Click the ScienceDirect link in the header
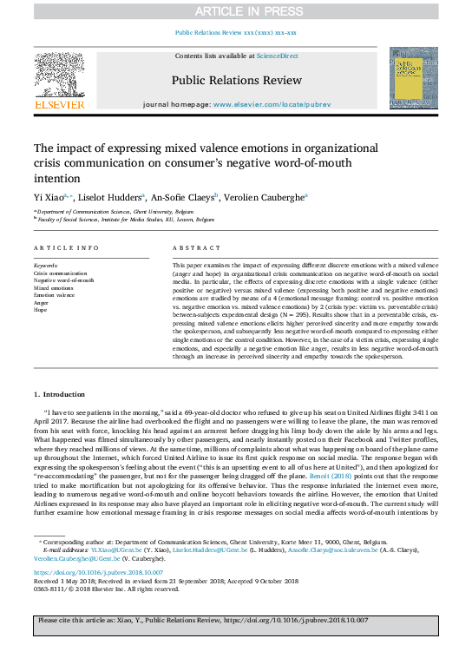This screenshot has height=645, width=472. pyautogui.click(x=278, y=56)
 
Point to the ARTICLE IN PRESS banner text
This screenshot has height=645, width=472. pyautogui.click(x=236, y=11)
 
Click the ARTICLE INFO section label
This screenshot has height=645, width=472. pyautogui.click(x=63, y=248)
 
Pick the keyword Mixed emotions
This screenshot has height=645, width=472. pyautogui.click(x=54, y=288)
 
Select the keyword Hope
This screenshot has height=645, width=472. pyautogui.click(x=41, y=309)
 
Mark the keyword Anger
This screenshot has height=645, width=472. pyautogui.click(x=42, y=302)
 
